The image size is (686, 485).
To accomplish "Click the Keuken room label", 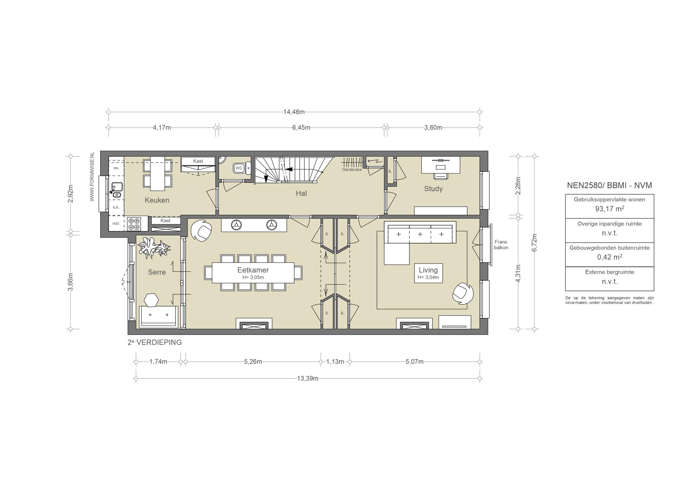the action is pos(157,200).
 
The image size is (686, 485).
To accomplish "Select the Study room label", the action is pos(433,189).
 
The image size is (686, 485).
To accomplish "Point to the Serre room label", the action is pos(157,272).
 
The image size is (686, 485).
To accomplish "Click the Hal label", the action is pos(301,193).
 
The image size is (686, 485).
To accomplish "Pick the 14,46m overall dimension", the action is pos(294,112).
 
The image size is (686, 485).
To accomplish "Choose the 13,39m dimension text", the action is pos(307,378).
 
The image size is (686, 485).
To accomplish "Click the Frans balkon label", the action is pos(501,245).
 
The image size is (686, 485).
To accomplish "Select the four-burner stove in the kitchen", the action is pos(134,224).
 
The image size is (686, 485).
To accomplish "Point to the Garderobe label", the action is pos(352,170).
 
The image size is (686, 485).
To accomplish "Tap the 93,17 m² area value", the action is pos(609,209).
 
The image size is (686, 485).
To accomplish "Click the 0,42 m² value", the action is pos(609,257).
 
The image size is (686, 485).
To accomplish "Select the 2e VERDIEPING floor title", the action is pos(155,342).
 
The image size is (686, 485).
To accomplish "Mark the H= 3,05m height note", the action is pos(253,277).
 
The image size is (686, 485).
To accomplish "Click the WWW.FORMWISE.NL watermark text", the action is pos(92,177).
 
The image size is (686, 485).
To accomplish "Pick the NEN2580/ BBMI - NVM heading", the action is pos(609,186).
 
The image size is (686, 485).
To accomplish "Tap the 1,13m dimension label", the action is pos(335,362).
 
